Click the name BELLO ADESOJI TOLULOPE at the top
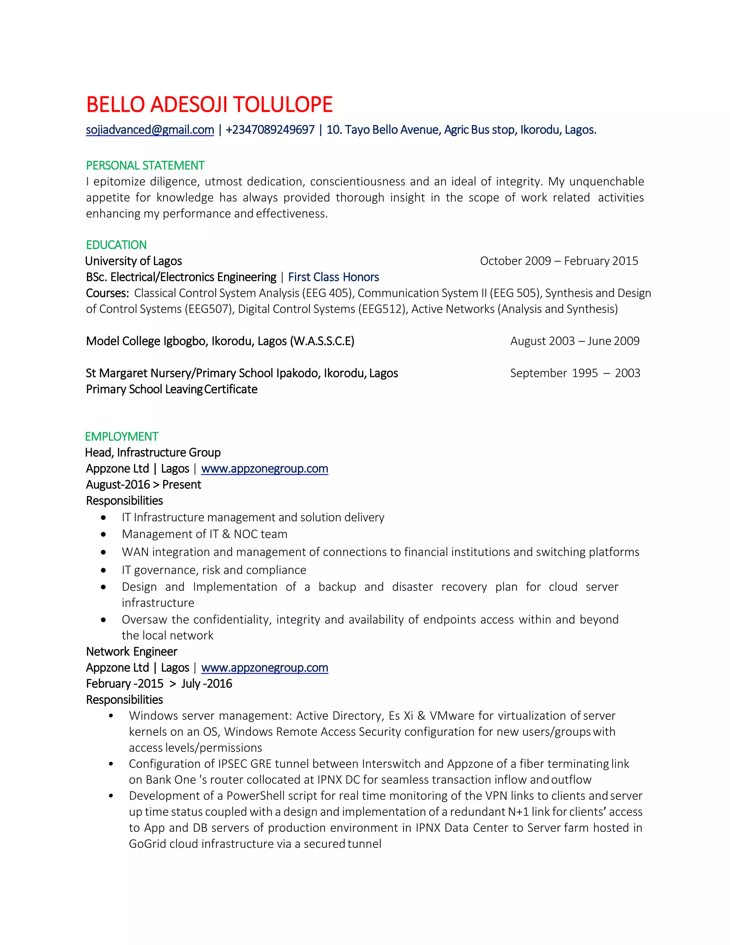point(209,105)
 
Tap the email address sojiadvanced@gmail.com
point(150,130)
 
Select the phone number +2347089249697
point(270,130)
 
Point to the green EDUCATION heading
point(116,245)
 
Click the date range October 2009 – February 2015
point(559,261)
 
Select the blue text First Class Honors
point(333,277)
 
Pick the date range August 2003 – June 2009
point(575,341)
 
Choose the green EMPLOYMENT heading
point(122,436)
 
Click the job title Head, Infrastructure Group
point(153,453)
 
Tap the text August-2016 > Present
point(143,485)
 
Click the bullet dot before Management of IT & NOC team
point(103,535)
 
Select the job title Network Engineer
point(132,652)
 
